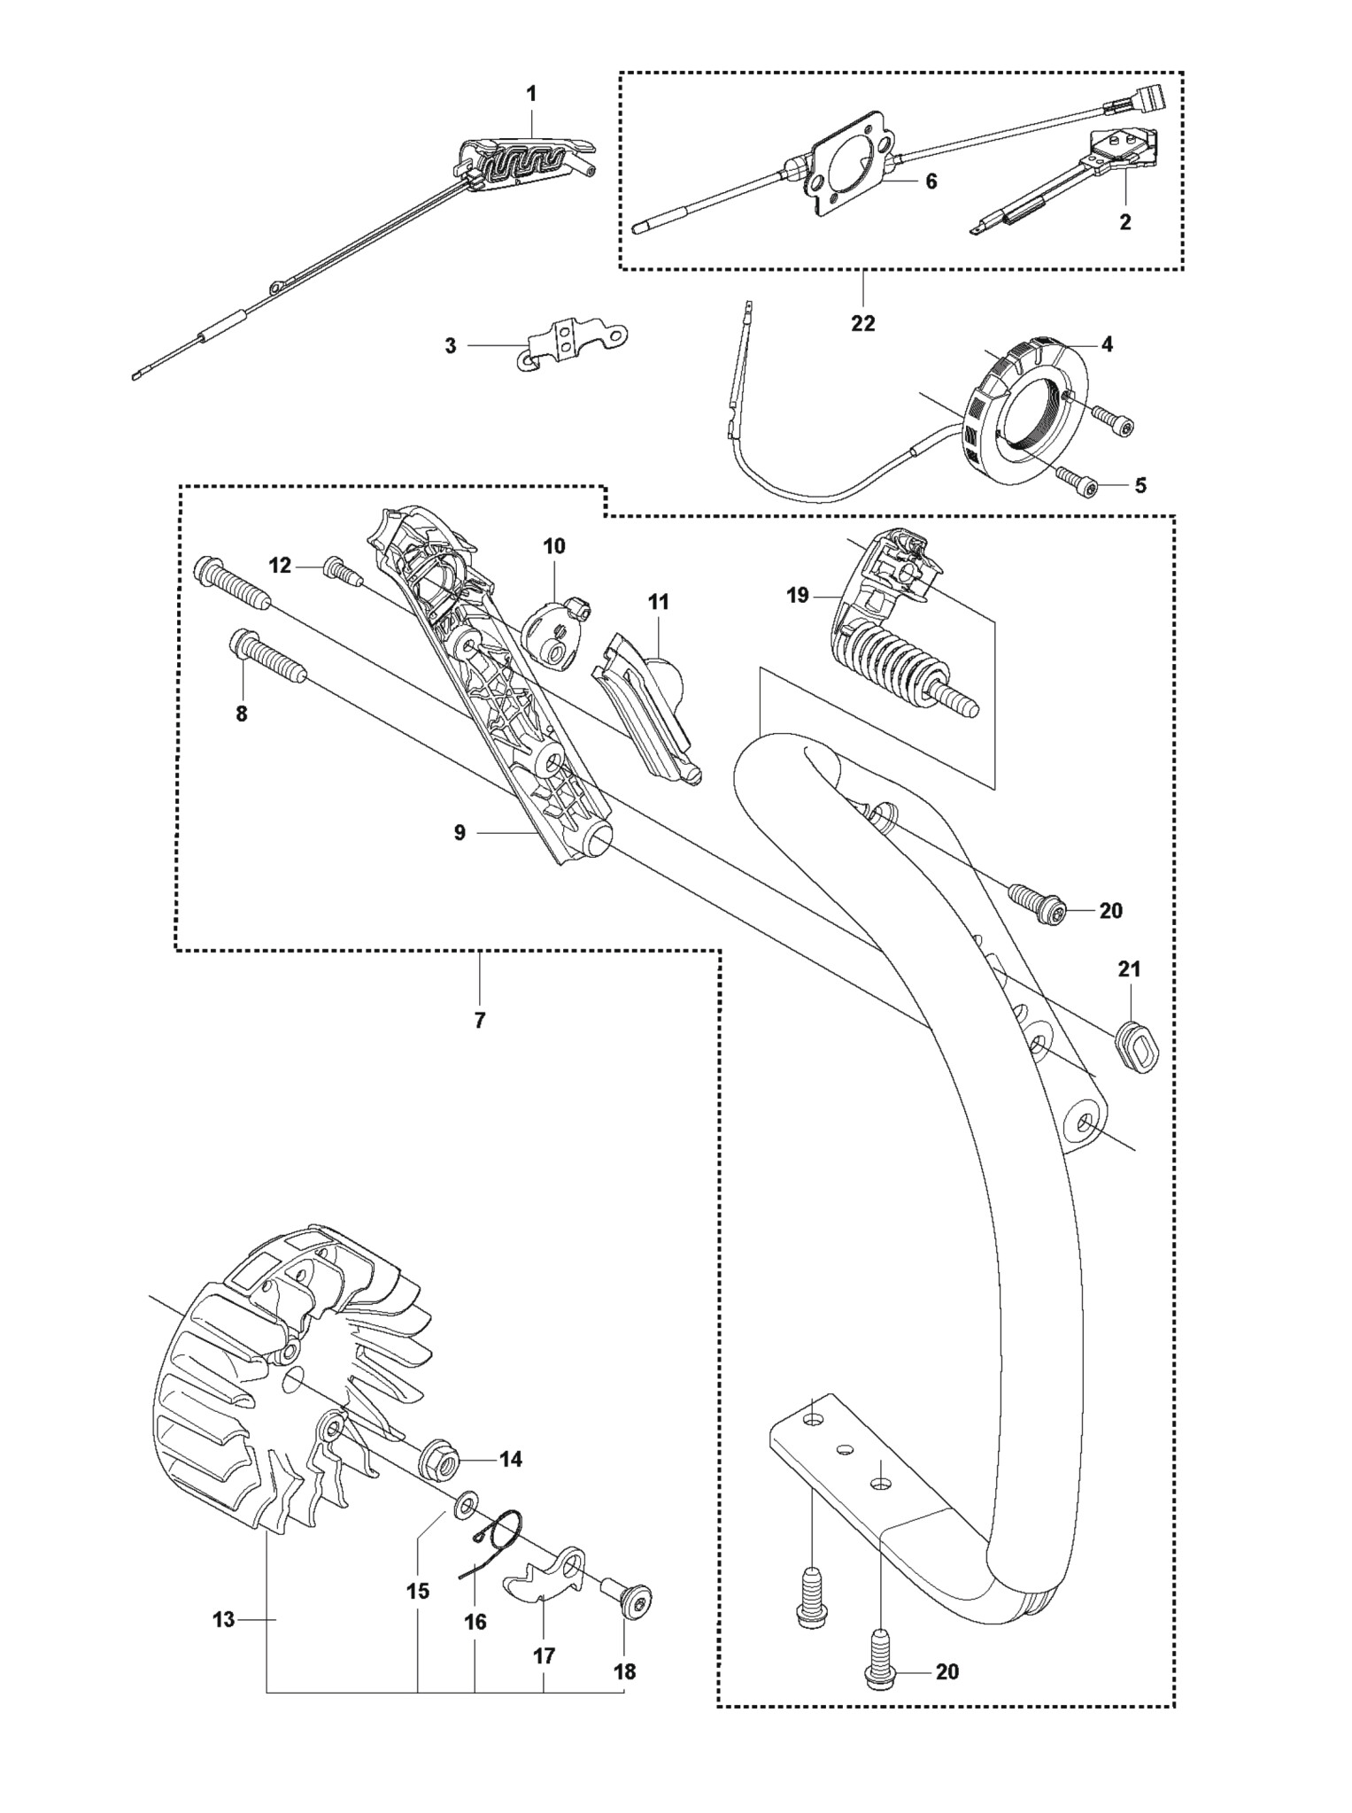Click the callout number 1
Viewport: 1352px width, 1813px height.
point(531,93)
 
